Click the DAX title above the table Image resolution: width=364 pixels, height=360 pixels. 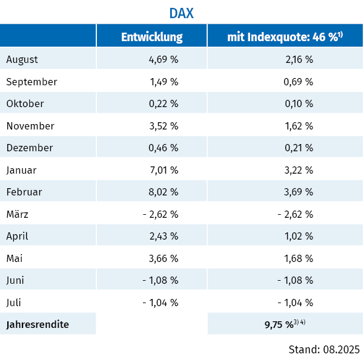[x=181, y=13]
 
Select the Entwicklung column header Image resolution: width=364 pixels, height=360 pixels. [x=151, y=37]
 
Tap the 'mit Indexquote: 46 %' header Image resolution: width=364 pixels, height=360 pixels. [x=285, y=37]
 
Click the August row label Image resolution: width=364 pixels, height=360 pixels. [x=22, y=59]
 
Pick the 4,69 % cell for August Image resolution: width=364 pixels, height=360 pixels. [x=163, y=59]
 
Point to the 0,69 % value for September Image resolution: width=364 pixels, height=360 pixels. [x=299, y=82]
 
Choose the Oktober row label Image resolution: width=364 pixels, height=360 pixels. [x=25, y=103]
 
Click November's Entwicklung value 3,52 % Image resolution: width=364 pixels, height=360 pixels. [x=163, y=126]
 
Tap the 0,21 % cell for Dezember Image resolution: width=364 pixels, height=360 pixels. [x=299, y=148]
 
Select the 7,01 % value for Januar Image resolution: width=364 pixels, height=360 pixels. [x=163, y=170]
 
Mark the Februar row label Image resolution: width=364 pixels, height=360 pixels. [x=24, y=192]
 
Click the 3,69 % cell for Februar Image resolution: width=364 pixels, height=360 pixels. [x=299, y=192]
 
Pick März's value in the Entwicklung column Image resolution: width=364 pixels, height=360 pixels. [x=160, y=214]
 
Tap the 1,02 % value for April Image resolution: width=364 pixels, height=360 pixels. [x=299, y=236]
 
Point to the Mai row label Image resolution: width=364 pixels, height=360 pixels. [x=15, y=258]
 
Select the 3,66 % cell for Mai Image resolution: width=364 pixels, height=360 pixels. [x=163, y=258]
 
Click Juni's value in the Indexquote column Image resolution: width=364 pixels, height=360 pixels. [x=295, y=280]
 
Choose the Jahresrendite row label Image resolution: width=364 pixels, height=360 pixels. [x=38, y=324]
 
